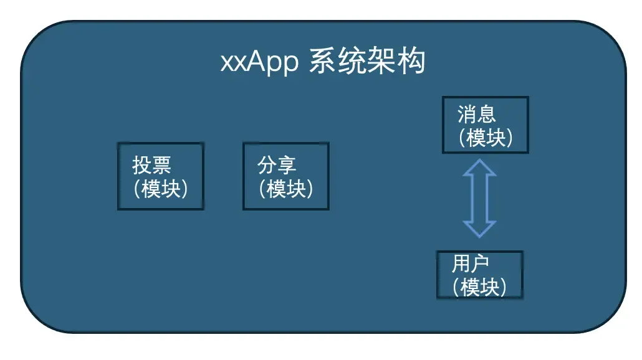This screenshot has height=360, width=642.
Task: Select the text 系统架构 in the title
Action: (367, 62)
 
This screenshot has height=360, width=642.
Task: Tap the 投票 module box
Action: (160, 176)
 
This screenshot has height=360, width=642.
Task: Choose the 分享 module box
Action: (285, 176)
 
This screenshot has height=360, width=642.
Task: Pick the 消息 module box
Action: (485, 125)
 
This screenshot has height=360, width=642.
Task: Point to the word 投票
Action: (151, 166)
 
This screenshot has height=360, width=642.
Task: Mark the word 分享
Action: (277, 166)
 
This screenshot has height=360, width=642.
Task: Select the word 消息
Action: (477, 114)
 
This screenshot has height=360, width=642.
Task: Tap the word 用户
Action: (471, 264)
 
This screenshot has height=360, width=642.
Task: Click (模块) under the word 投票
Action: (161, 188)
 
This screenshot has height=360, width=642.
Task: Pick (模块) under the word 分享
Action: (286, 188)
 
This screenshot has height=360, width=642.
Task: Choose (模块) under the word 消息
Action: (486, 137)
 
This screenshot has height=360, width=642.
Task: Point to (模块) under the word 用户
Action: (479, 287)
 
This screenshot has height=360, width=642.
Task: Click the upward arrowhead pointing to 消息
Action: (479, 169)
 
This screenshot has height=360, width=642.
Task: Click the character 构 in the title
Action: (411, 62)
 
